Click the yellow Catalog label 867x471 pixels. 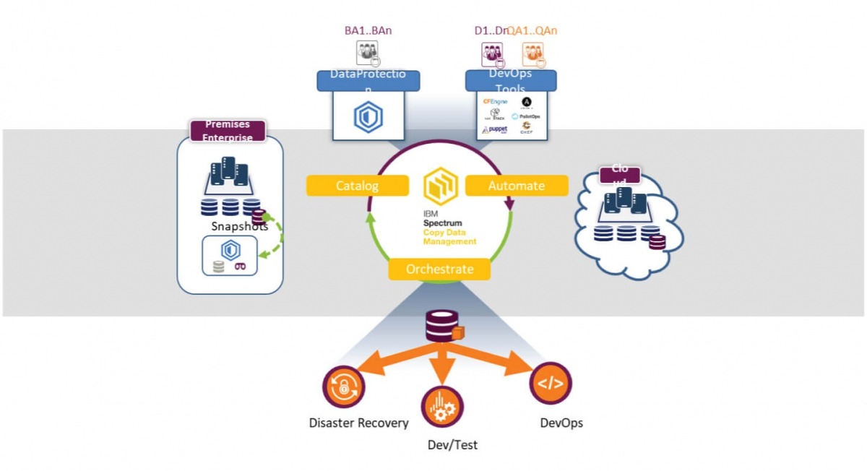[357, 186]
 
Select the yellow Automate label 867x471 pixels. [516, 186]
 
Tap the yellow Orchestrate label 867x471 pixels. [439, 269]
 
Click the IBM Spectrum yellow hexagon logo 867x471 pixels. [440, 186]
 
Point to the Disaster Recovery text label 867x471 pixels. [358, 423]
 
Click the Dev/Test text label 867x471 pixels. [452, 444]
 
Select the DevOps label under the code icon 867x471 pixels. [561, 423]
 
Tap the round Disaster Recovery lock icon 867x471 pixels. [342, 386]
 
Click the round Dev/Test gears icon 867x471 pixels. [441, 407]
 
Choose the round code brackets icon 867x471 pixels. [551, 383]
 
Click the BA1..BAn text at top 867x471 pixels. [368, 30]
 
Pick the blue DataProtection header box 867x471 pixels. [368, 79]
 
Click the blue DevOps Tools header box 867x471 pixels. [510, 79]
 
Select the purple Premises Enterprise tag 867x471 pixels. [228, 131]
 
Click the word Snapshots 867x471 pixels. [239, 226]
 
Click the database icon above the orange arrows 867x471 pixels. [441, 327]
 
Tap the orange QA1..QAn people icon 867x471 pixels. [532, 53]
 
